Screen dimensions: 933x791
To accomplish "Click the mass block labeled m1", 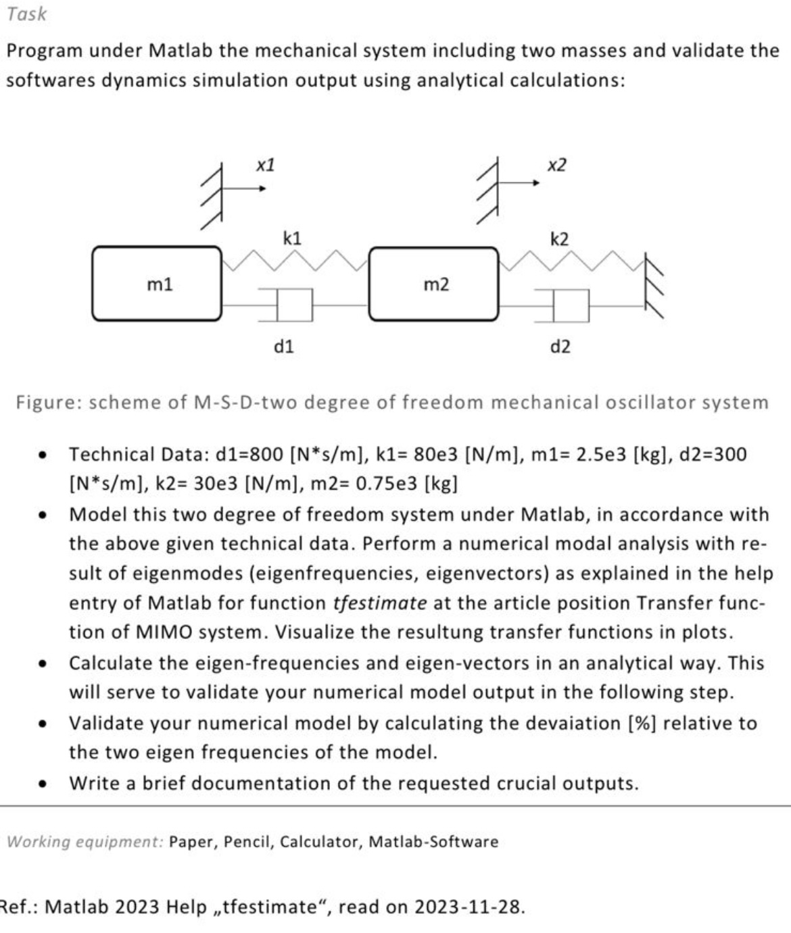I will [x=157, y=283].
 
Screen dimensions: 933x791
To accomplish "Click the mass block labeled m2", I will [x=434, y=284].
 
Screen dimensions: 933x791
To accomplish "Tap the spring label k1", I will [x=292, y=238].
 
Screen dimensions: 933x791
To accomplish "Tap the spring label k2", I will [x=559, y=238].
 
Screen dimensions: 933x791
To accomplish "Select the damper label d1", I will [x=283, y=347].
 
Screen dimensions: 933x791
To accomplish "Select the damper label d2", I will [x=560, y=347].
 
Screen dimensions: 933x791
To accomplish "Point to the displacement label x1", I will [x=266, y=164].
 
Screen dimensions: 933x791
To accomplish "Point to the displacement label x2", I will [x=556, y=164].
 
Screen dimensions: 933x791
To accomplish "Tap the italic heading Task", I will [x=27, y=14].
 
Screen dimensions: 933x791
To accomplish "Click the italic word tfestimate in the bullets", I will [x=380, y=603].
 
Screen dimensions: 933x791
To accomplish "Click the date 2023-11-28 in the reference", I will [x=469, y=906].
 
